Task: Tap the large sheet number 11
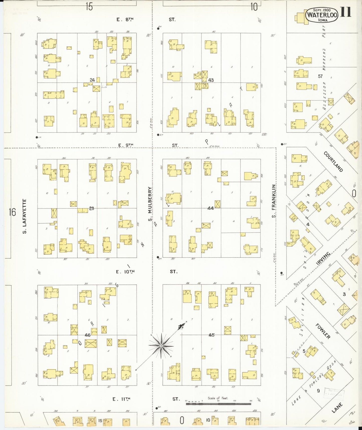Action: coord(346,12)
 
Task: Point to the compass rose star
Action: coord(161,346)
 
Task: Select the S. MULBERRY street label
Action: coord(150,204)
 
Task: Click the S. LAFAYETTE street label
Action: coord(25,216)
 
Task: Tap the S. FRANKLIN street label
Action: coord(274,201)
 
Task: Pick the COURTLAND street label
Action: coord(333,161)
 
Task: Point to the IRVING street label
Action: coord(323,258)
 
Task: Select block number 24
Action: coord(92,80)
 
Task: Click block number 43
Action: coord(211,80)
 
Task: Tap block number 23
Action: coord(91,208)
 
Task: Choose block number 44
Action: coord(210,208)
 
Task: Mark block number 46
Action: coord(87,335)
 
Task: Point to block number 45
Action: coord(211,335)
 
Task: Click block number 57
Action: coord(320,76)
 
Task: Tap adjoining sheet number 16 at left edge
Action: coord(12,212)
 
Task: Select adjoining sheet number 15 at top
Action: coord(89,7)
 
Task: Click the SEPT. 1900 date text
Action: coord(322,10)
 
